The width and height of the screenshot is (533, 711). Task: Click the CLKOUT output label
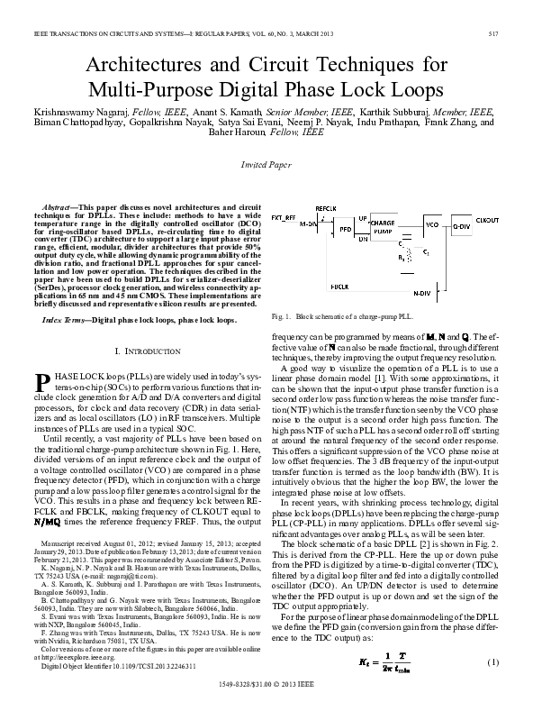point(488,219)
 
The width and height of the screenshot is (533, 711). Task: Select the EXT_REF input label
point(283,218)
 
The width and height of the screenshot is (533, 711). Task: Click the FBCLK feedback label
point(339,286)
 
